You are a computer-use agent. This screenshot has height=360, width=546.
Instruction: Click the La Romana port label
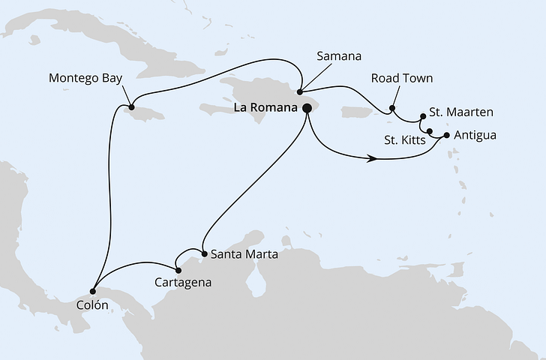click(265, 108)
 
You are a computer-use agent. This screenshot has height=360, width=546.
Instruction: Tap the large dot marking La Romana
click(307, 108)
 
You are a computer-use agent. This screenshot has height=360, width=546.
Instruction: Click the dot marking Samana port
click(299, 93)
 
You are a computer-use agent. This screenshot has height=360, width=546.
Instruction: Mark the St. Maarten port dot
click(423, 116)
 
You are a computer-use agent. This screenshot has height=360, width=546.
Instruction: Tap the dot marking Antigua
click(448, 136)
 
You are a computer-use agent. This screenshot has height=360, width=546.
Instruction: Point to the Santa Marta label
click(244, 254)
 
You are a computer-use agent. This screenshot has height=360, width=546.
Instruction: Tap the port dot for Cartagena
click(178, 270)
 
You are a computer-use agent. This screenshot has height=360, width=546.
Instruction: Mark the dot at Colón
click(92, 291)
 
